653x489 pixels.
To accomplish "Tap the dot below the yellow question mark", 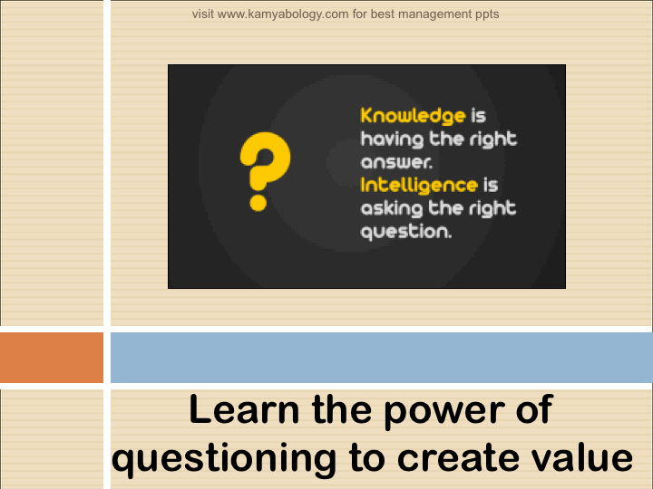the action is tap(258, 203).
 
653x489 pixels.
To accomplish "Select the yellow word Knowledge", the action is tap(413, 116).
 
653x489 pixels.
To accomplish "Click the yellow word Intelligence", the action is tap(419, 185).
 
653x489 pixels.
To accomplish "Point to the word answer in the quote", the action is tap(396, 162).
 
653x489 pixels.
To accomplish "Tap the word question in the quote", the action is tap(406, 232).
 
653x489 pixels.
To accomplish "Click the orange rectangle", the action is tap(52, 358).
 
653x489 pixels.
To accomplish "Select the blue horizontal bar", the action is tap(382, 358).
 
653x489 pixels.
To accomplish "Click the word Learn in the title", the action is tap(244, 410).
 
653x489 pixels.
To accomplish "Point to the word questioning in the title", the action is tap(224, 459).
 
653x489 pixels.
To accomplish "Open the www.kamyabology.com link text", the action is tap(283, 14).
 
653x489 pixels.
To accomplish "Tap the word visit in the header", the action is tap(203, 14).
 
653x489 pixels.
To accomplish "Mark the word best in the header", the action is tap(383, 14).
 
